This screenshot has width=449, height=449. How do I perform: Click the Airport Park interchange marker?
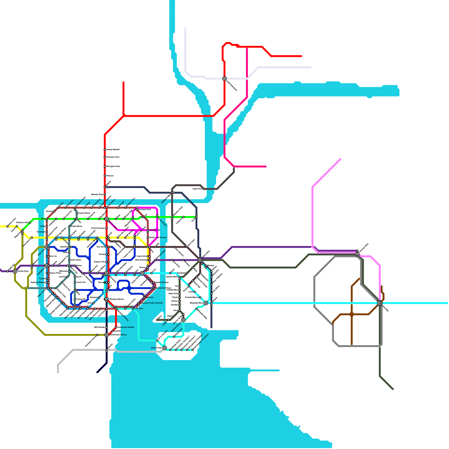[x=165, y=348]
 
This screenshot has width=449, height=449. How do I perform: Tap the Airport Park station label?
[x=156, y=348]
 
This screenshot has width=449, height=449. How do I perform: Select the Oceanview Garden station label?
[x=126, y=327]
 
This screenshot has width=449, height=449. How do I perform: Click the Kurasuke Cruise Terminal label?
[x=152, y=303]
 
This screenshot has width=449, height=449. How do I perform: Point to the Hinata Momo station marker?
[x=69, y=226]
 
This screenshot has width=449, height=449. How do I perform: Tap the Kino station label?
[x=43, y=219]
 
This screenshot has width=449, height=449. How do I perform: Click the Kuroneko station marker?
[x=47, y=232]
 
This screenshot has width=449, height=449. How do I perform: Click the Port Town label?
[x=139, y=309]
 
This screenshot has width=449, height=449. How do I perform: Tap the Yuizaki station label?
[x=42, y=279]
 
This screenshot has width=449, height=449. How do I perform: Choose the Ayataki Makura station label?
[x=38, y=282]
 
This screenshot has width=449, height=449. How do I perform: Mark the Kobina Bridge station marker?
[x=155, y=260]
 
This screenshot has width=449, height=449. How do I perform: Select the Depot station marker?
[x=174, y=316]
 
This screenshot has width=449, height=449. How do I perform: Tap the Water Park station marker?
[x=180, y=294]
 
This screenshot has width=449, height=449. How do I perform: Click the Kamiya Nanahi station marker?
[x=105, y=150]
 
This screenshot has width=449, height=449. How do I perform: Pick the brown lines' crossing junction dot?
[x=352, y=315]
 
